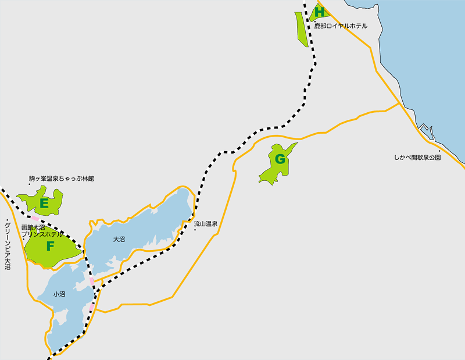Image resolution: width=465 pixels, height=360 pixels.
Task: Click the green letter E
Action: [44, 204]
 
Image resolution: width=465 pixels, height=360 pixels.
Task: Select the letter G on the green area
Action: [280, 159]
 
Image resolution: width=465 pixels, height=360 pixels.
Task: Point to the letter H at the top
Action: [319, 11]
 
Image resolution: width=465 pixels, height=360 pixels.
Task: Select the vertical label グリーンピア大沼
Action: [8, 244]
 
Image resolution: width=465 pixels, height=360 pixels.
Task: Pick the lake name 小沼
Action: [59, 294]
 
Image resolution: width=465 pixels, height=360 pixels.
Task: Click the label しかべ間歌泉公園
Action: [417, 158]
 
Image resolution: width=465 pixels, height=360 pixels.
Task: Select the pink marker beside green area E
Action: [35, 219]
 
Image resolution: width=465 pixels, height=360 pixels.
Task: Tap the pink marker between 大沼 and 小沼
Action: [92, 281]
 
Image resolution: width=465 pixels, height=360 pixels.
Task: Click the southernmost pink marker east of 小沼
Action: [92, 306]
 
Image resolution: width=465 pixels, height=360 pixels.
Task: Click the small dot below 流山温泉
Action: [195, 230]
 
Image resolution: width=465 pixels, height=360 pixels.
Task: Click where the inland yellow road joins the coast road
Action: [399, 103]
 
